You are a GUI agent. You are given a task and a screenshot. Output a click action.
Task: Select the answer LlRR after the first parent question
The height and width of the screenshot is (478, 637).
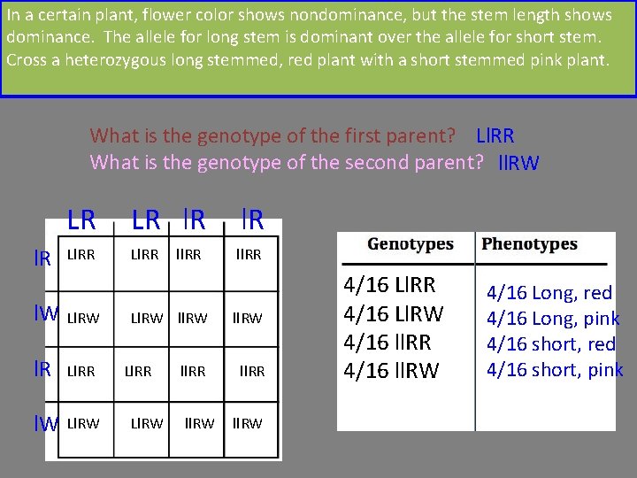[495, 136]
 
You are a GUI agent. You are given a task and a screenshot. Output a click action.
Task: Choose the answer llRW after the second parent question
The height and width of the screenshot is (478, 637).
[518, 163]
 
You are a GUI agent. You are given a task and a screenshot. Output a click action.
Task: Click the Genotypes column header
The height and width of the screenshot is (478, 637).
[410, 243]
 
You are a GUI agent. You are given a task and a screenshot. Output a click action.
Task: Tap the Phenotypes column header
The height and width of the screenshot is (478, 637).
[530, 243]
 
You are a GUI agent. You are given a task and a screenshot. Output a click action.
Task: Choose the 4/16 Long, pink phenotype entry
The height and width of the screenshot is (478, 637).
[553, 319]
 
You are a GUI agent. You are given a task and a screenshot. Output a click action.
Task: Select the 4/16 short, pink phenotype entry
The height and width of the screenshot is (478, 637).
[555, 370]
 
